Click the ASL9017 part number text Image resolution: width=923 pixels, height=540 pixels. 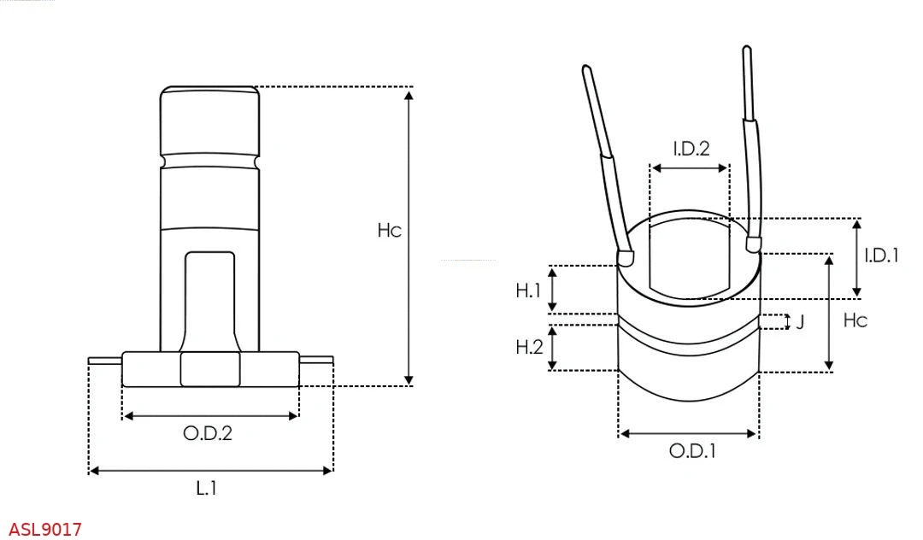tap(45, 530)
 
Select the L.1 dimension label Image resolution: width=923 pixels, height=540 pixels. tap(206, 489)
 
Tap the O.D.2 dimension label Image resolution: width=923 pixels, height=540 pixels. tap(208, 433)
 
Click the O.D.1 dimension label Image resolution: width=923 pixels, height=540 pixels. tap(691, 451)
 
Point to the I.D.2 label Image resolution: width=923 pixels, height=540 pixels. tap(691, 149)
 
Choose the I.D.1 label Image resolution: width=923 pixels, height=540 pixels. tap(880, 255)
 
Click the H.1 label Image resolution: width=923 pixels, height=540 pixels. tap(529, 291)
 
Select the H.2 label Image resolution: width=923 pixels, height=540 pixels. tap(529, 347)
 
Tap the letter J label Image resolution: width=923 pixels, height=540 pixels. tap(800, 322)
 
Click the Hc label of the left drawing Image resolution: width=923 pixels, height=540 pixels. tap(389, 231)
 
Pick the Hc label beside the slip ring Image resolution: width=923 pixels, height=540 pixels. tap(855, 320)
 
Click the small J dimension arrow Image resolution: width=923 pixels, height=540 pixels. tap(786, 321)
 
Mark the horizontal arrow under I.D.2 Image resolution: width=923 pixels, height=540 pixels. tap(690, 168)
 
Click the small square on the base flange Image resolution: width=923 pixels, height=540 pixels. tap(210, 369)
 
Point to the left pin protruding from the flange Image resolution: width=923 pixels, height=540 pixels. tap(105, 360)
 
